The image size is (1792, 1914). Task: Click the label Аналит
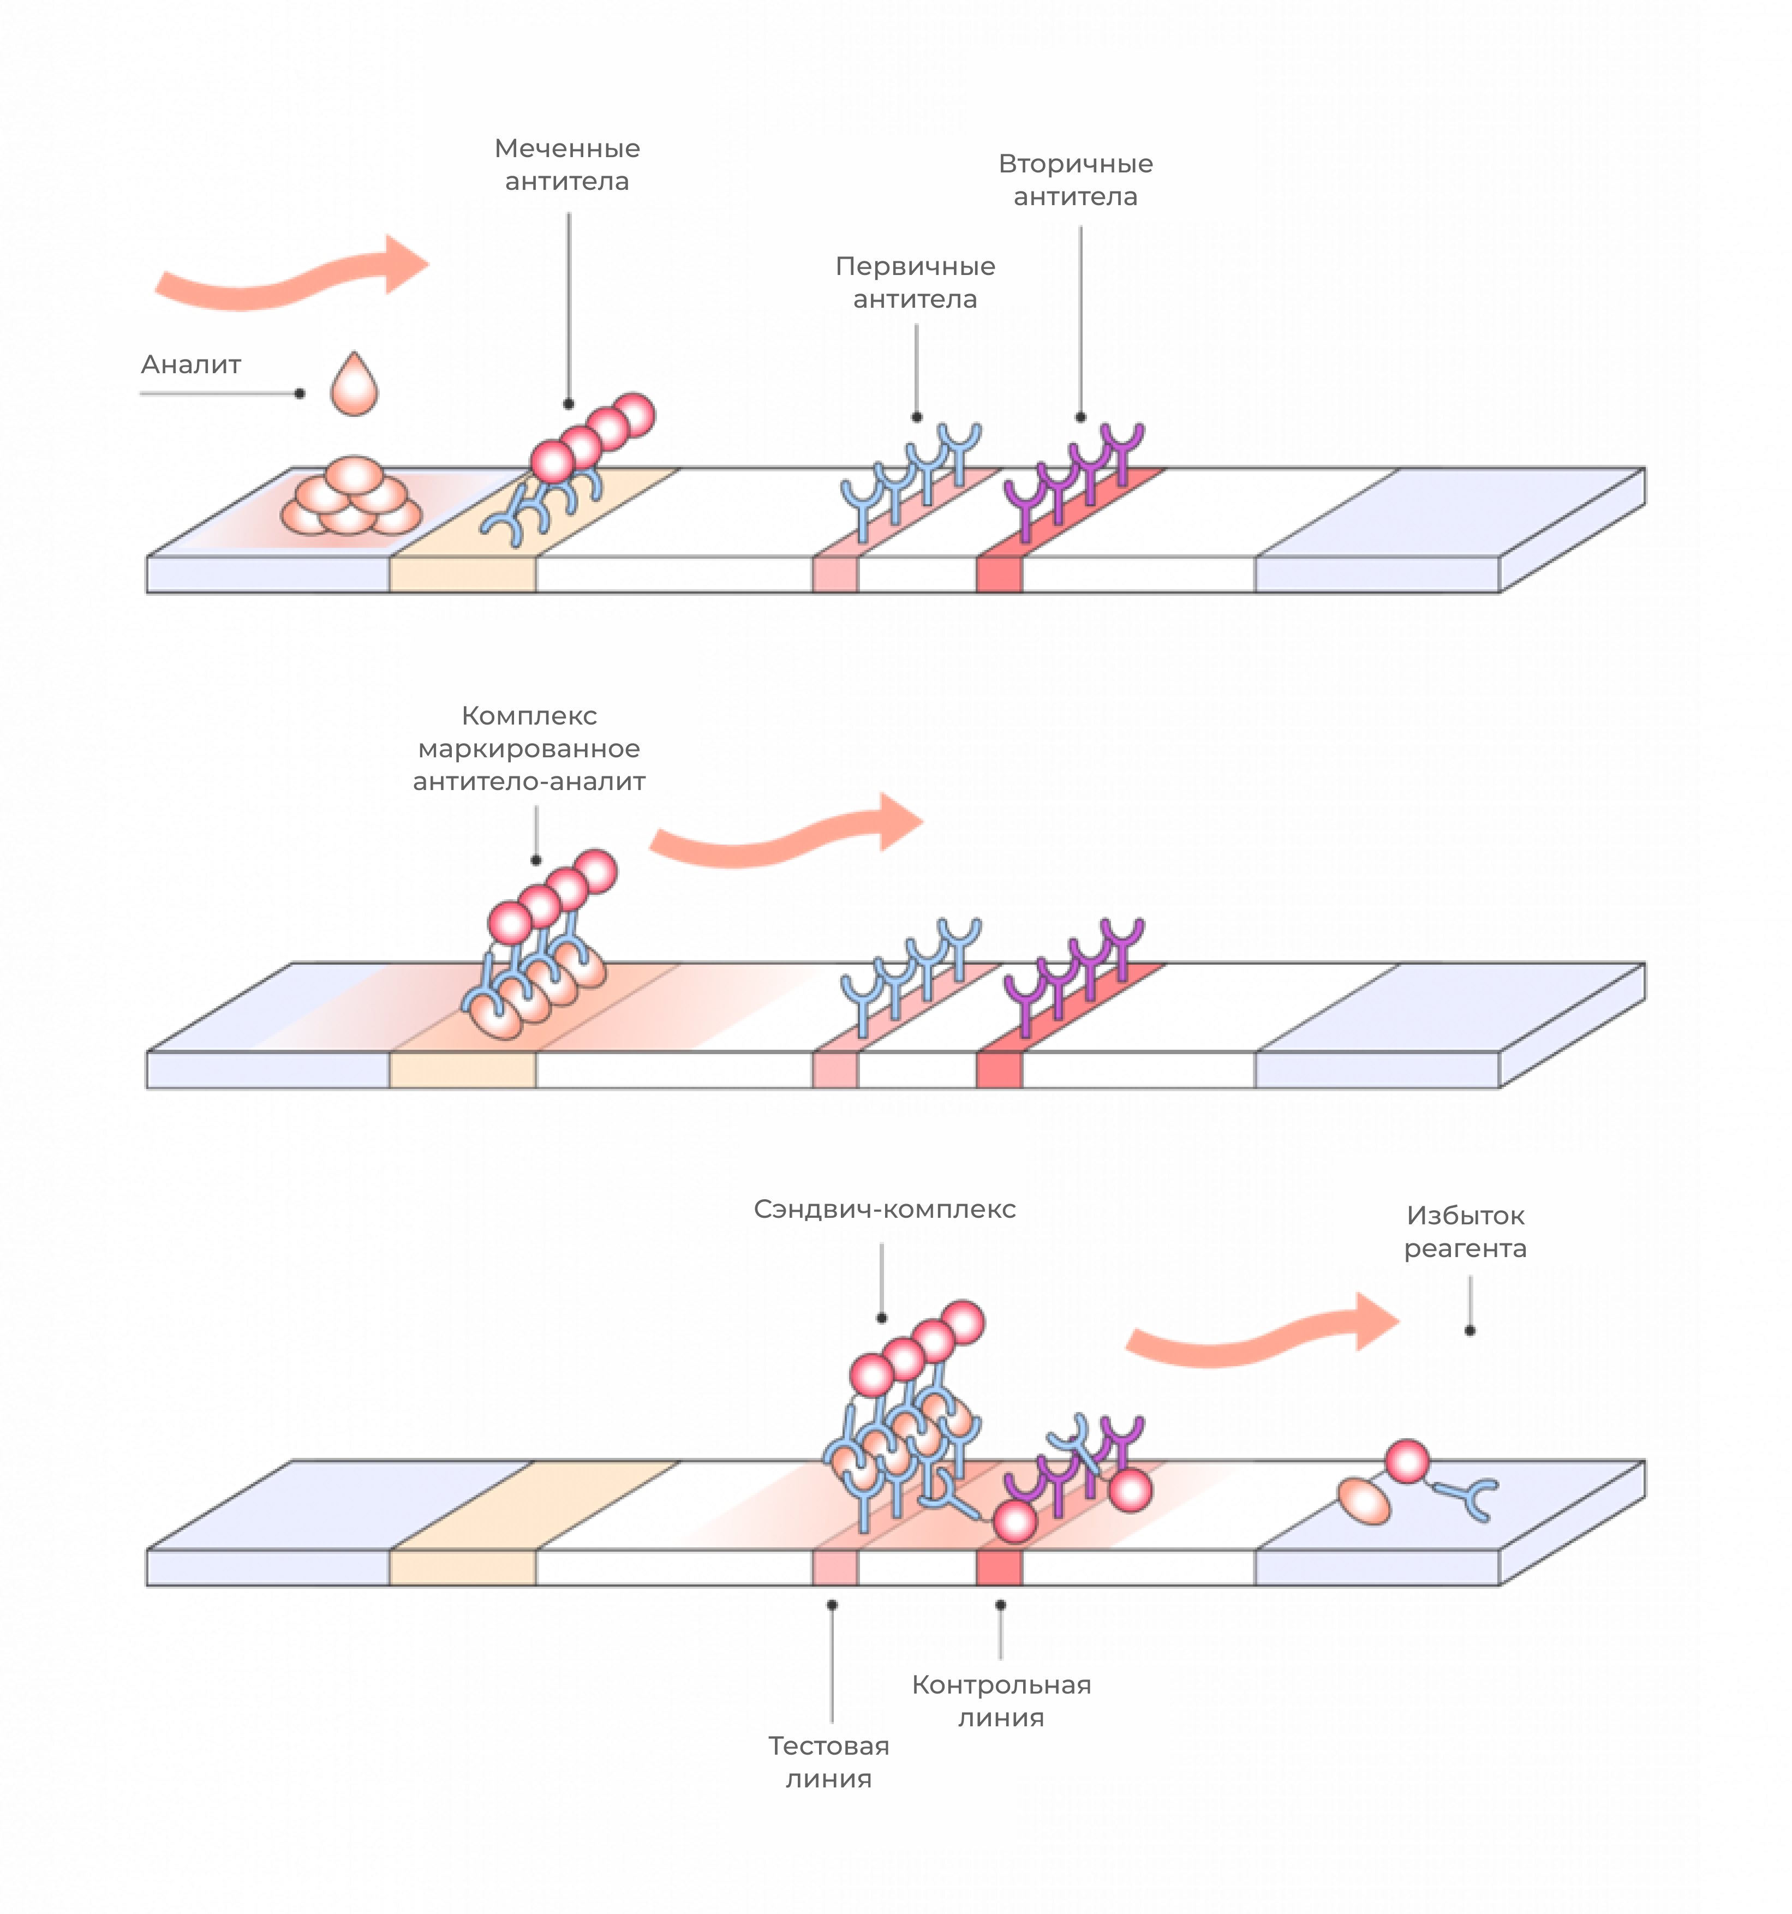(x=190, y=365)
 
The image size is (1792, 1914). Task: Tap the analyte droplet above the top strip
(x=354, y=384)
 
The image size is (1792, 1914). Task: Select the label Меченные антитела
(x=567, y=165)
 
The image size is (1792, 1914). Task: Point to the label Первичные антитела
(x=915, y=282)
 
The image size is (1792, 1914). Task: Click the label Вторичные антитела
(x=1076, y=180)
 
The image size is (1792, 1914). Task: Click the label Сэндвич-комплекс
(x=884, y=1209)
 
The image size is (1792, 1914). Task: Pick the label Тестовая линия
(x=828, y=1762)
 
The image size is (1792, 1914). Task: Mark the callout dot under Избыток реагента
(x=1470, y=1331)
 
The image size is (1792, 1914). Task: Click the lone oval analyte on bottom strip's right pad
(x=1364, y=1502)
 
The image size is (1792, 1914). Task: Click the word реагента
(x=1465, y=1249)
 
